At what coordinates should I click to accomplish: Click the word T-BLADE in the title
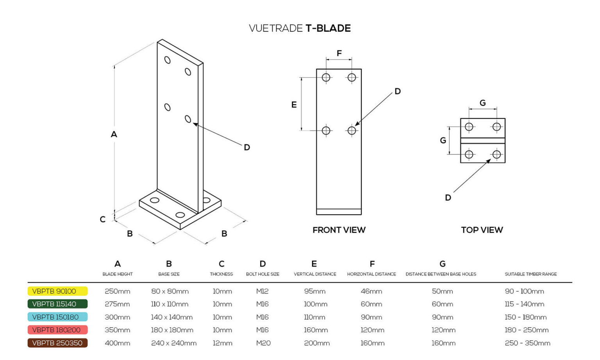coord(328,28)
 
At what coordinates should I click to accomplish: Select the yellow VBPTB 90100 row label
coord(57,291)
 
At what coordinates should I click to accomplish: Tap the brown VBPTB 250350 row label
coord(57,343)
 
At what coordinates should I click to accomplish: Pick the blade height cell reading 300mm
coord(117,317)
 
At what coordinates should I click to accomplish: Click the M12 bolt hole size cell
coord(262,291)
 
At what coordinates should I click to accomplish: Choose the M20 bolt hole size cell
coord(263,343)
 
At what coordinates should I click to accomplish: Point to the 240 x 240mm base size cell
coord(173,343)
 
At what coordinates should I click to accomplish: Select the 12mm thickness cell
coord(222,343)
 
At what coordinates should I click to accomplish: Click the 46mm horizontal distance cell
coord(371,291)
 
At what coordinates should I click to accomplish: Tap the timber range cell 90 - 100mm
coord(524,291)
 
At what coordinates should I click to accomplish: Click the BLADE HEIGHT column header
coord(118,274)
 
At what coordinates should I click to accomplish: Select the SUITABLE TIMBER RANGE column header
coord(530,274)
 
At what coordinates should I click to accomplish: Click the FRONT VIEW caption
coord(339,230)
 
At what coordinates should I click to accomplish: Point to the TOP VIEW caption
coord(482,230)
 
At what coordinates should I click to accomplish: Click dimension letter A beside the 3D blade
coord(114,134)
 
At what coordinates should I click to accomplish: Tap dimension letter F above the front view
coord(339,53)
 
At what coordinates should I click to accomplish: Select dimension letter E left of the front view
coord(294,104)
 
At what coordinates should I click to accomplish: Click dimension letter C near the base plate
coord(102,219)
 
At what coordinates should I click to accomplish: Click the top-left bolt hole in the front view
coord(326,77)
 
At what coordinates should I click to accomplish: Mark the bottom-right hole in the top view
coord(496,154)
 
